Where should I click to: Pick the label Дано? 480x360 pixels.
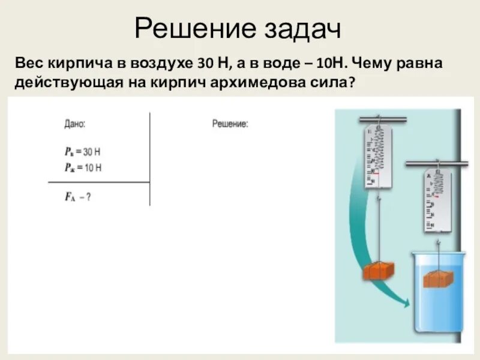pos(75,124)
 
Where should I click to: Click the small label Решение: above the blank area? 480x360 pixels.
pos(230,124)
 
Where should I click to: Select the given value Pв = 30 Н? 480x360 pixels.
pos(83,152)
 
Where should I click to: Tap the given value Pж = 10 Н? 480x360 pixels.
pos(83,167)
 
